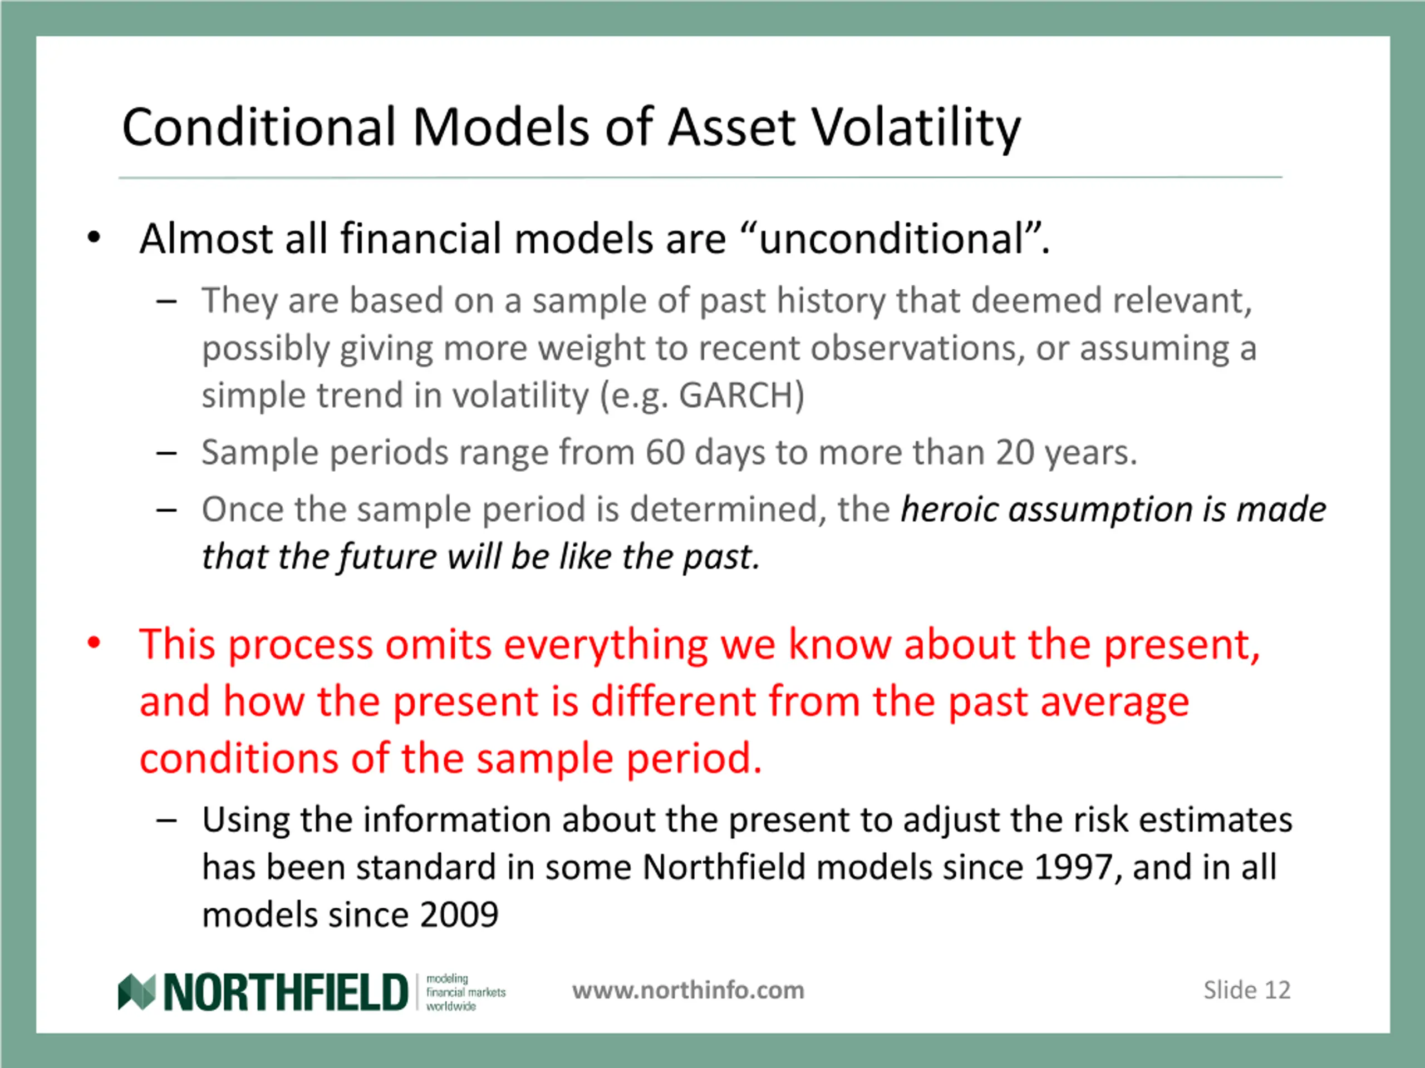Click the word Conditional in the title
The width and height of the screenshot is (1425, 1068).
(x=259, y=127)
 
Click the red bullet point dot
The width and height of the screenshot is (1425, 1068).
(x=94, y=643)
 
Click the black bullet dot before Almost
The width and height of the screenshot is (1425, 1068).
(x=94, y=238)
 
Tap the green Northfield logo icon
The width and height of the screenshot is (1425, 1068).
(x=136, y=992)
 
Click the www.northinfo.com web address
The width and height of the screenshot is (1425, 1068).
(x=688, y=990)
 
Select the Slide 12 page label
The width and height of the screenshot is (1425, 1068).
(x=1246, y=990)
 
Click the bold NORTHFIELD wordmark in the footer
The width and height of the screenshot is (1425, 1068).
(x=286, y=992)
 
